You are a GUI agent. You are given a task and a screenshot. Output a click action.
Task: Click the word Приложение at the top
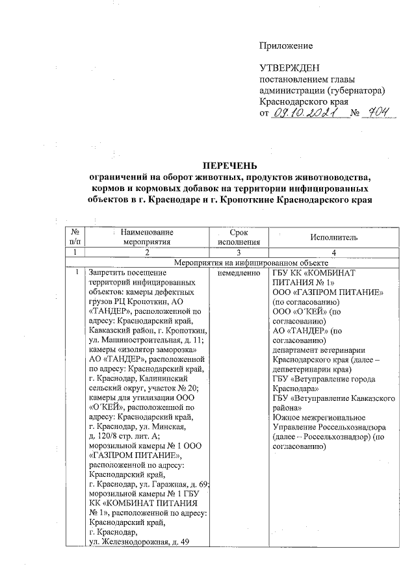point(286,45)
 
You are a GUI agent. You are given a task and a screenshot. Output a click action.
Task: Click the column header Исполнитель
point(333,238)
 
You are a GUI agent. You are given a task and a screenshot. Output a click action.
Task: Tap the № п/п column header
point(75,238)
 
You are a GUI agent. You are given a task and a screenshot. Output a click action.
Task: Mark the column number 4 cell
point(333,252)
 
